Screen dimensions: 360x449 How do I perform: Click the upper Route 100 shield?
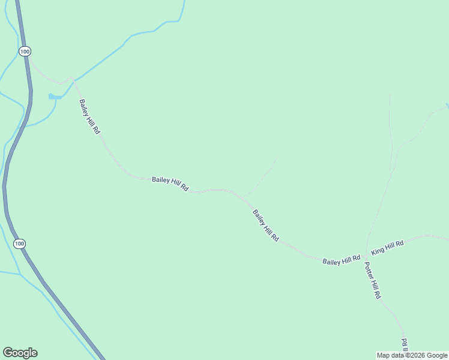coord(24,52)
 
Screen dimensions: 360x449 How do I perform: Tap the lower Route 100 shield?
coord(19,244)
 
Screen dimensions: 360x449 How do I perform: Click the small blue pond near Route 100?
coord(54,97)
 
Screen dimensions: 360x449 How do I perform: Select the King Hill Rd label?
coord(388,245)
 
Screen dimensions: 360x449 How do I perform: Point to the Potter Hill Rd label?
coord(373,281)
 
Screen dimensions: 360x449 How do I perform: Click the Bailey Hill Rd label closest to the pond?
coord(89,116)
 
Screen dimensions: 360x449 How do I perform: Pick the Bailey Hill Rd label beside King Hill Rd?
coord(341,260)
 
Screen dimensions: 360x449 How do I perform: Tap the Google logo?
coord(20,353)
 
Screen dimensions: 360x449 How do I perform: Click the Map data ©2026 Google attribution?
coord(412,355)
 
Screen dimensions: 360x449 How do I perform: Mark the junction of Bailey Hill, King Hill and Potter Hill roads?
coord(366,257)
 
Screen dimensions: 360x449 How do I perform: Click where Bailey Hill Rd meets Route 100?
coord(28,58)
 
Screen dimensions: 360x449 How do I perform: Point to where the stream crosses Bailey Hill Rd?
coord(73,79)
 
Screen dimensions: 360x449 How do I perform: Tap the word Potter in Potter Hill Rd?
coord(369,272)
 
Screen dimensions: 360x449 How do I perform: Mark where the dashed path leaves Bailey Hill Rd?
coord(244,196)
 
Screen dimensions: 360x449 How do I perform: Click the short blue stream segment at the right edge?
coord(447,106)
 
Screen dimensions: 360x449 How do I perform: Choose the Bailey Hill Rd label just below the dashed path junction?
coord(266,226)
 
